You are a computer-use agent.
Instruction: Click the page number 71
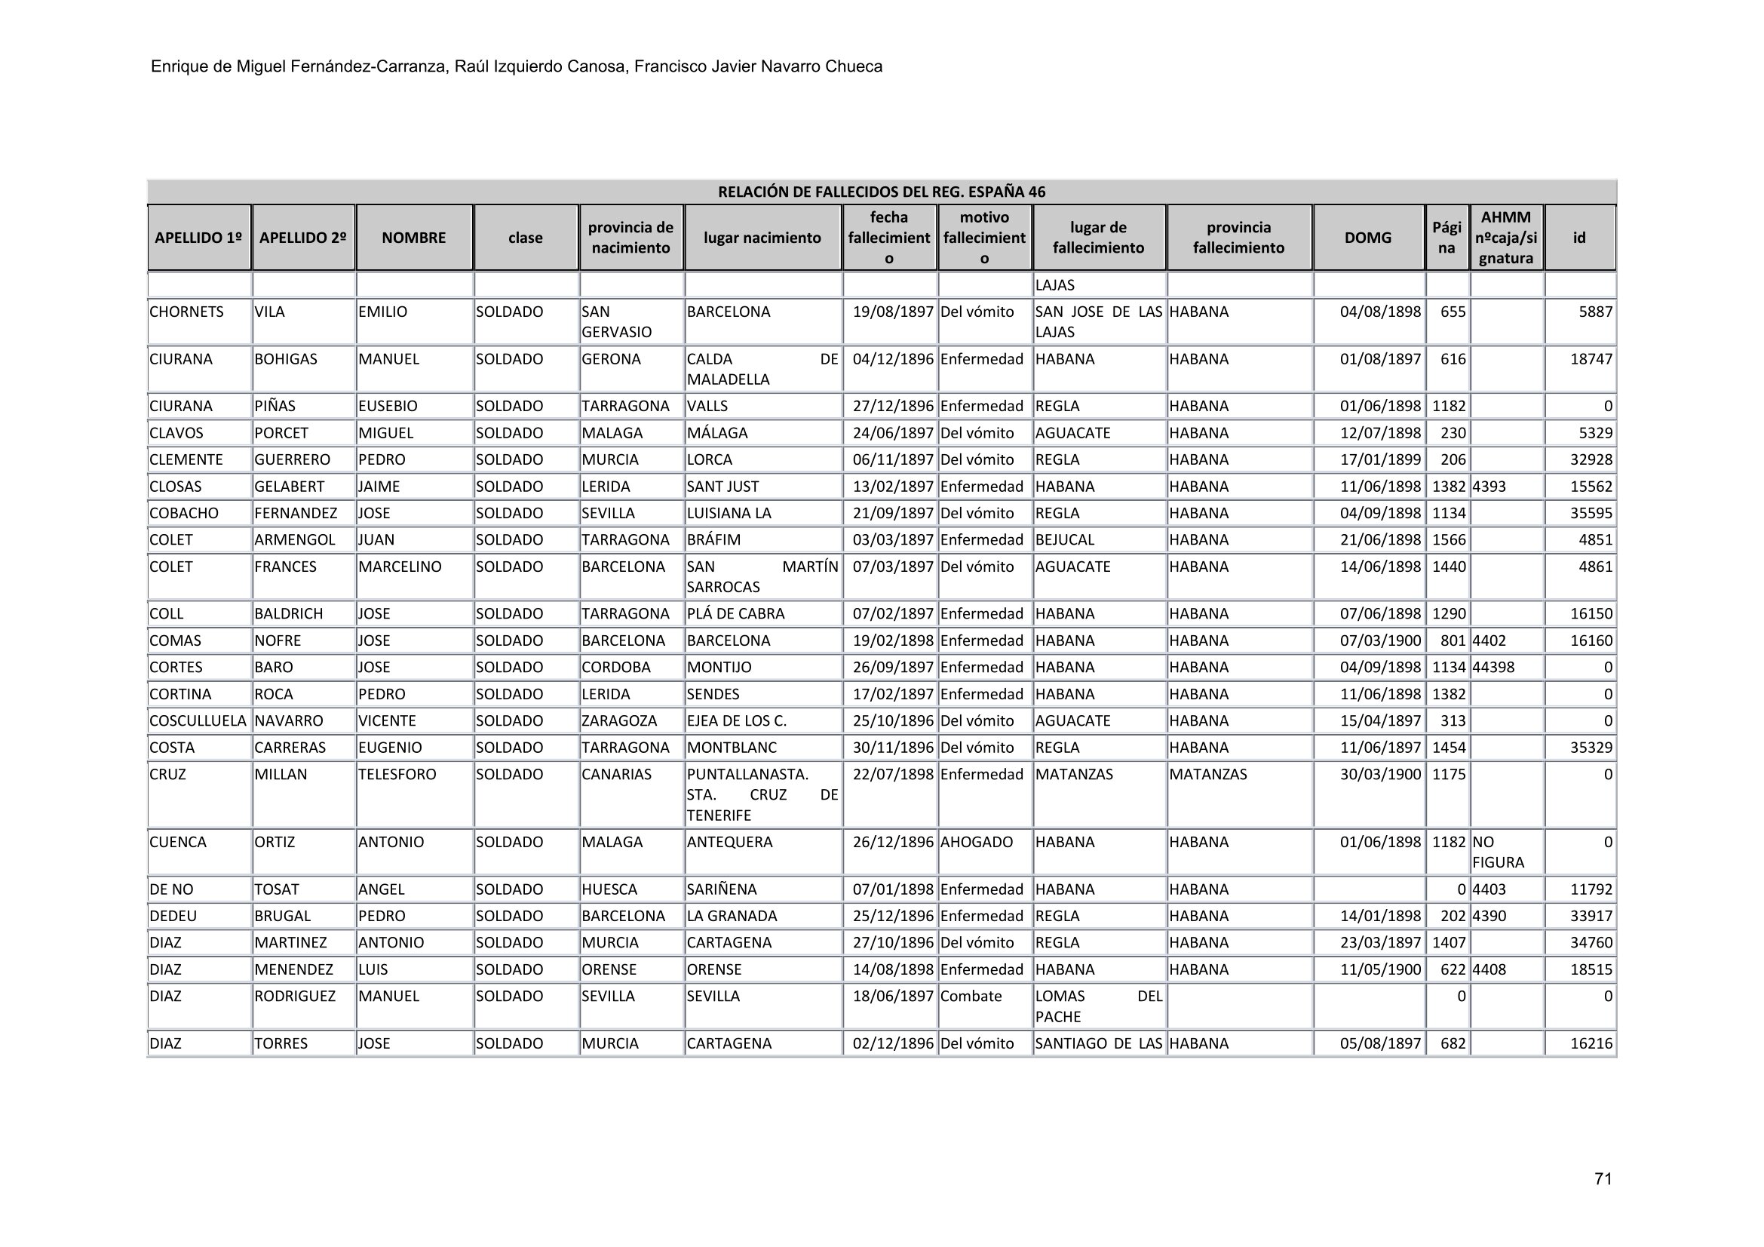[x=1603, y=1179]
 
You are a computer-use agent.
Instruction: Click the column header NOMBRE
[x=413, y=238]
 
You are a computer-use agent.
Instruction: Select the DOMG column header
[x=1367, y=238]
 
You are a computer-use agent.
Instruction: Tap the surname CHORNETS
[x=187, y=312]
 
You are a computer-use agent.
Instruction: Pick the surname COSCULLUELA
[x=198, y=720]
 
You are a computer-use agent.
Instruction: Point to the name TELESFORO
[x=397, y=775]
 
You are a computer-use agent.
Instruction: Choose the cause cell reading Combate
[x=971, y=997]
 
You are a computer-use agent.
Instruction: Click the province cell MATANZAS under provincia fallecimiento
[x=1207, y=775]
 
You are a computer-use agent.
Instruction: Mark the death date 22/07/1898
[x=893, y=775]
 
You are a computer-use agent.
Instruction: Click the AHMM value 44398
[x=1493, y=667]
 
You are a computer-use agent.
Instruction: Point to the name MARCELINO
[x=400, y=567]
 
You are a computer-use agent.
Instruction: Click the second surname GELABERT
[x=290, y=487]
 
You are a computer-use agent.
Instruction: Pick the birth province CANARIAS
[x=616, y=775]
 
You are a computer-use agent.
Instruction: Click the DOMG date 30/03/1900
[x=1380, y=775]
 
